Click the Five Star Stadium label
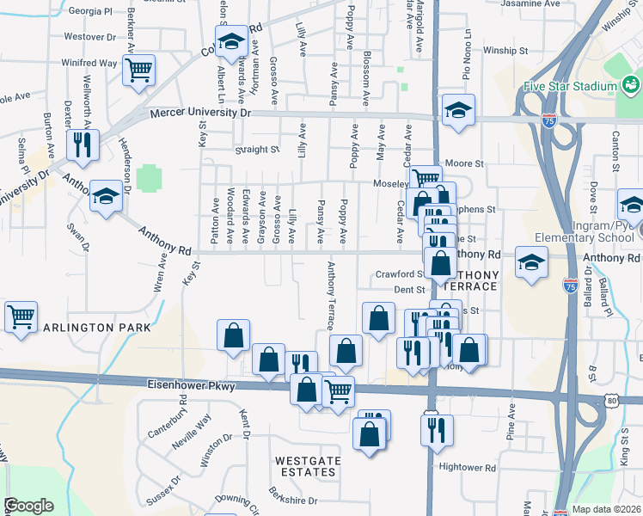pos(570,87)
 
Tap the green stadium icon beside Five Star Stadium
pos(632,85)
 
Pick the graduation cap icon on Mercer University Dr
pos(458,109)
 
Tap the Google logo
pos(28,506)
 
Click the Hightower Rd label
pos(468,469)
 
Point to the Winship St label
pos(505,51)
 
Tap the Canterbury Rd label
pos(166,419)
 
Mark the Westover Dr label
pos(90,37)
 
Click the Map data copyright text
pos(606,509)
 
